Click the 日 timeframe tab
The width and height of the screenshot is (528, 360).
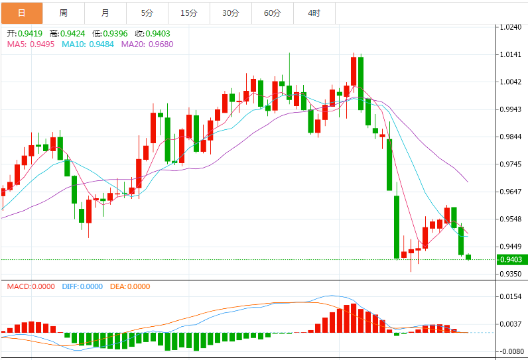pyautogui.click(x=22, y=13)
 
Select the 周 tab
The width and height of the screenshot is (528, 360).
pyautogui.click(x=63, y=13)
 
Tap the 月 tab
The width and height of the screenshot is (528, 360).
pyautogui.click(x=105, y=13)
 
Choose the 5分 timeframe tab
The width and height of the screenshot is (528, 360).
pyautogui.click(x=147, y=13)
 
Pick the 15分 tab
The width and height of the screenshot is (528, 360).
pyautogui.click(x=189, y=13)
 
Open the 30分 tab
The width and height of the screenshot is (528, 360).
pyautogui.click(x=231, y=13)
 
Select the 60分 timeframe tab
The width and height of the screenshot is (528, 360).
pyautogui.click(x=272, y=13)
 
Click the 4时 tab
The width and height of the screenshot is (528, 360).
pyautogui.click(x=314, y=13)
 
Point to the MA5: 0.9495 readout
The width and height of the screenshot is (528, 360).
pyautogui.click(x=31, y=44)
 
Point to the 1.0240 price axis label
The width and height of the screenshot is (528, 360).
pyautogui.click(x=512, y=28)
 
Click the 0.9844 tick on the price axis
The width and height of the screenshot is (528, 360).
pyautogui.click(x=512, y=137)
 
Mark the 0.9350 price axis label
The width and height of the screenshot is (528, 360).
pyautogui.click(x=512, y=274)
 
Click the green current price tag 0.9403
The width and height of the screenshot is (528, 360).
pyautogui.click(x=512, y=259)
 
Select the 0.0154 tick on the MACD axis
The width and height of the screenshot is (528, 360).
pyautogui.click(x=512, y=296)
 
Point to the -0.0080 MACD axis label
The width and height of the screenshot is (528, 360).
pyautogui.click(x=511, y=351)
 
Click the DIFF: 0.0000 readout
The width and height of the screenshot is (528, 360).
pyautogui.click(x=82, y=286)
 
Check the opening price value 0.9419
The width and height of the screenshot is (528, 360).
pyautogui.click(x=30, y=33)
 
